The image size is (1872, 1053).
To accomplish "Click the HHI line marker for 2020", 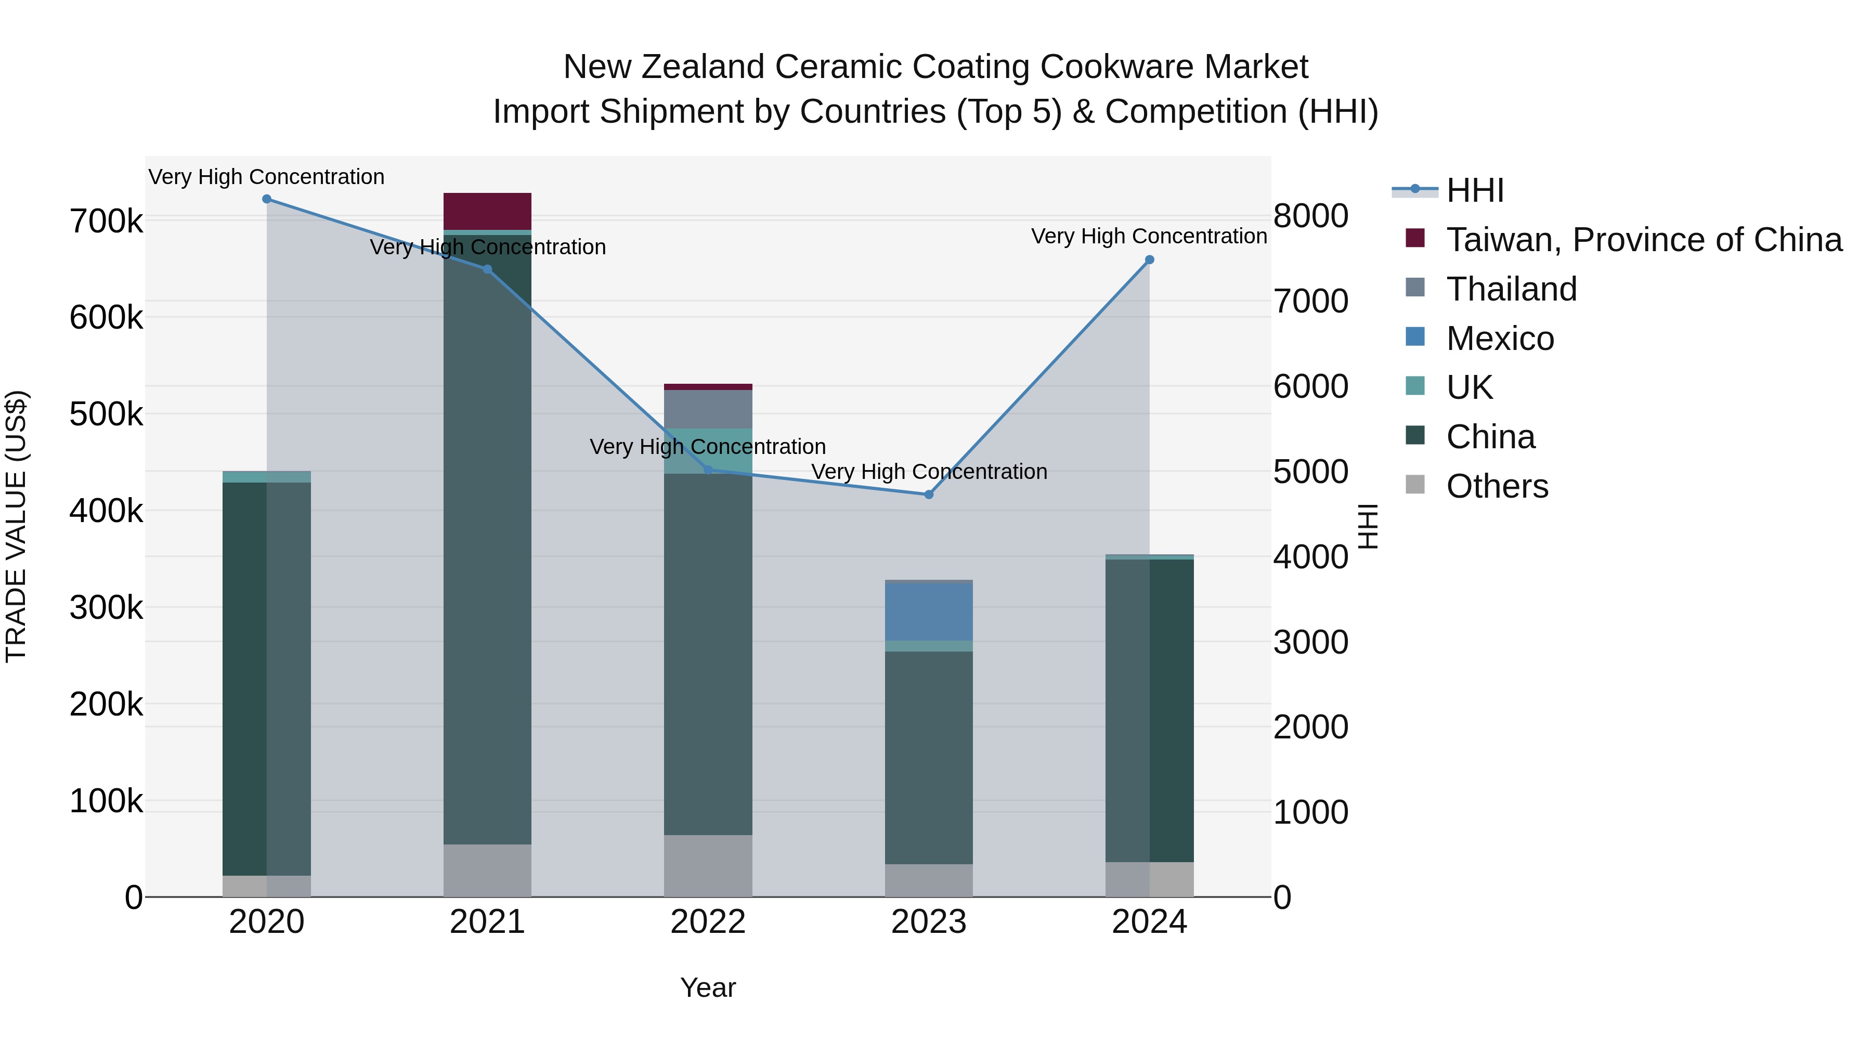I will pyautogui.click(x=267, y=199).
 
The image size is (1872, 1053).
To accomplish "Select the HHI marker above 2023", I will pyautogui.click(x=929, y=495).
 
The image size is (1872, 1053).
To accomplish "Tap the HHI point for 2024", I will pyautogui.click(x=1150, y=260).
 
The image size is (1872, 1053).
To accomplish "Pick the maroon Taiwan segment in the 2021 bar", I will pyautogui.click(x=488, y=212).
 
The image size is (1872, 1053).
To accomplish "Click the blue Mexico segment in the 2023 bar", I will pyautogui.click(x=929, y=612).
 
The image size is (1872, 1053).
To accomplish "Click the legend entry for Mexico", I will pyautogui.click(x=1499, y=339).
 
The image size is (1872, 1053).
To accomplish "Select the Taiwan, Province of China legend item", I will pyautogui.click(x=1643, y=240).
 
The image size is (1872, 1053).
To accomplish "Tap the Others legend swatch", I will pyautogui.click(x=1415, y=484).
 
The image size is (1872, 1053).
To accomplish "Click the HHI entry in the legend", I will pyautogui.click(x=1475, y=190).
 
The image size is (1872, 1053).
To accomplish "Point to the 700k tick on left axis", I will pyautogui.click(x=106, y=221).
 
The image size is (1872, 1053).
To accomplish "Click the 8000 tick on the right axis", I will pyautogui.click(x=1310, y=216).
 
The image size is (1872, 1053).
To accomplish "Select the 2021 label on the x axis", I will pyautogui.click(x=488, y=922).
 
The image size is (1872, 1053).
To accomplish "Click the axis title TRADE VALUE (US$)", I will pyautogui.click(x=17, y=526).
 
